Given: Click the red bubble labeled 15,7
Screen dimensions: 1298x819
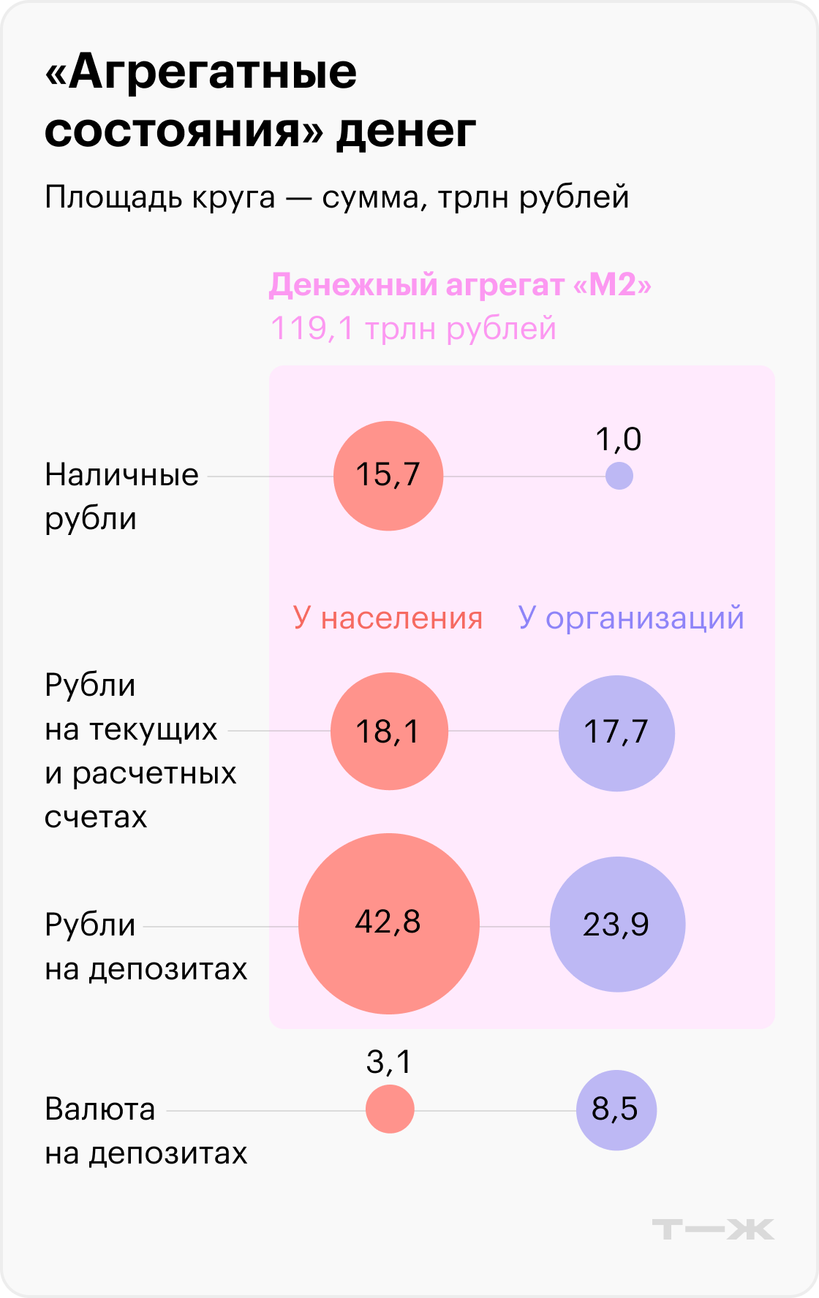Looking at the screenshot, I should pos(388,476).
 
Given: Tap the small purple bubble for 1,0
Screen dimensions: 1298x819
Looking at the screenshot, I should pos(619,477).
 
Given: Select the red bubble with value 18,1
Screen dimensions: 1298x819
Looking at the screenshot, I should pos(388,731).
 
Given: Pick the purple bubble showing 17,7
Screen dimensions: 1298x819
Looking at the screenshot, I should pos(616,733).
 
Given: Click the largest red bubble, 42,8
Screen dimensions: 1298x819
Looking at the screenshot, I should pos(388,924).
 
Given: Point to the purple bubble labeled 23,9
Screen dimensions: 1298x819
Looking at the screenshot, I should pos(617,925).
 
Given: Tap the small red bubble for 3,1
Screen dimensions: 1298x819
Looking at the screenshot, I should pos(390,1109).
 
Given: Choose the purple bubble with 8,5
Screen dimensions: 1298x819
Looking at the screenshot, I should pos(616,1110).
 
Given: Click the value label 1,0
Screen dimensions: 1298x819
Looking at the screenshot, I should pos(618,439).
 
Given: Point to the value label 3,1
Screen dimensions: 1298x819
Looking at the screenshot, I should pos(389,1062).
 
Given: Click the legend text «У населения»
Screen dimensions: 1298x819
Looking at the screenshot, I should pos(388,618).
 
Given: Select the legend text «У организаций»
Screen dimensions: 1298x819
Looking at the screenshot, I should pos(631,618).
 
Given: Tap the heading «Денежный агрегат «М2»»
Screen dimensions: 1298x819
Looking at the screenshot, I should pos(460,285).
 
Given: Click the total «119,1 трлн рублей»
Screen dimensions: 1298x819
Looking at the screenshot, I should pos(413,329).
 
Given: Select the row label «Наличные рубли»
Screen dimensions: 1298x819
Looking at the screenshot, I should pos(121,496).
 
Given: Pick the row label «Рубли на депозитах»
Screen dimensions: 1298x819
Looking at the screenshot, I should pos(146,946).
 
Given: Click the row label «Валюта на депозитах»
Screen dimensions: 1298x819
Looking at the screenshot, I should pos(146,1131).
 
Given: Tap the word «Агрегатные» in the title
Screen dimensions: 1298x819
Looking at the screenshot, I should pos(201,73).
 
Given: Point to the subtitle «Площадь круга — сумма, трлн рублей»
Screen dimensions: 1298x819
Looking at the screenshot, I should pos(336,197).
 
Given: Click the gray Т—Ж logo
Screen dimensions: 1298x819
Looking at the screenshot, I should pos(712,1229).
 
